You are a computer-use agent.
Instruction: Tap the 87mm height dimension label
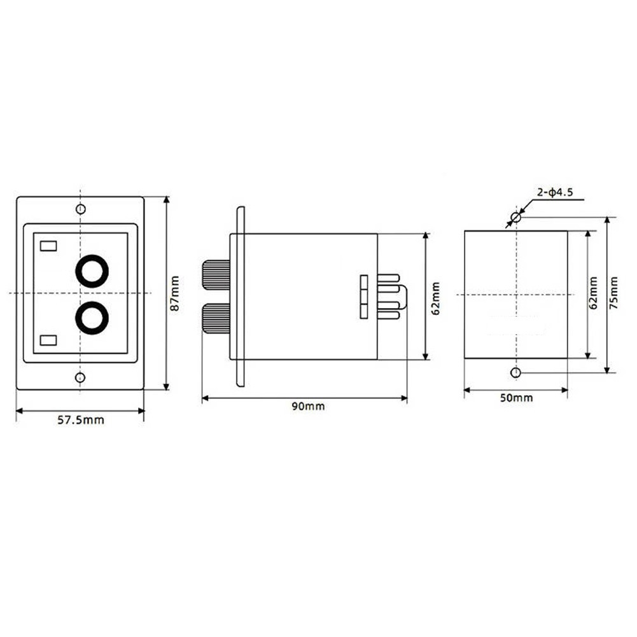coord(176,293)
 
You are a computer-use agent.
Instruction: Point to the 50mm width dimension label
coord(516,398)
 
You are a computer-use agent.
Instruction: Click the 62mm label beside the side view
coord(435,297)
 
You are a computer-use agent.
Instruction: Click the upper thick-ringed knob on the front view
coord(92,270)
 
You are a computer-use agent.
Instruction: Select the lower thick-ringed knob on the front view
coord(92,317)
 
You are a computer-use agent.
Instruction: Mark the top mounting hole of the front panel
coord(80,209)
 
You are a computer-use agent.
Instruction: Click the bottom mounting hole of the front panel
coord(80,378)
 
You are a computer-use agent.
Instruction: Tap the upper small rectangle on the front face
coord(48,245)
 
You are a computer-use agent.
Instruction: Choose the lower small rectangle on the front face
coord(48,340)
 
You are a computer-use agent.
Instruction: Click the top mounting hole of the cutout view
coord(516,218)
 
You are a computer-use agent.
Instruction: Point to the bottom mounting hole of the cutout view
coord(516,372)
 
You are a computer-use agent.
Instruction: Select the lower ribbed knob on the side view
coord(216,318)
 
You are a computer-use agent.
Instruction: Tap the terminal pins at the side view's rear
coord(389,297)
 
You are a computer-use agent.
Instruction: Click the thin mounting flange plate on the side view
coord(240,297)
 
